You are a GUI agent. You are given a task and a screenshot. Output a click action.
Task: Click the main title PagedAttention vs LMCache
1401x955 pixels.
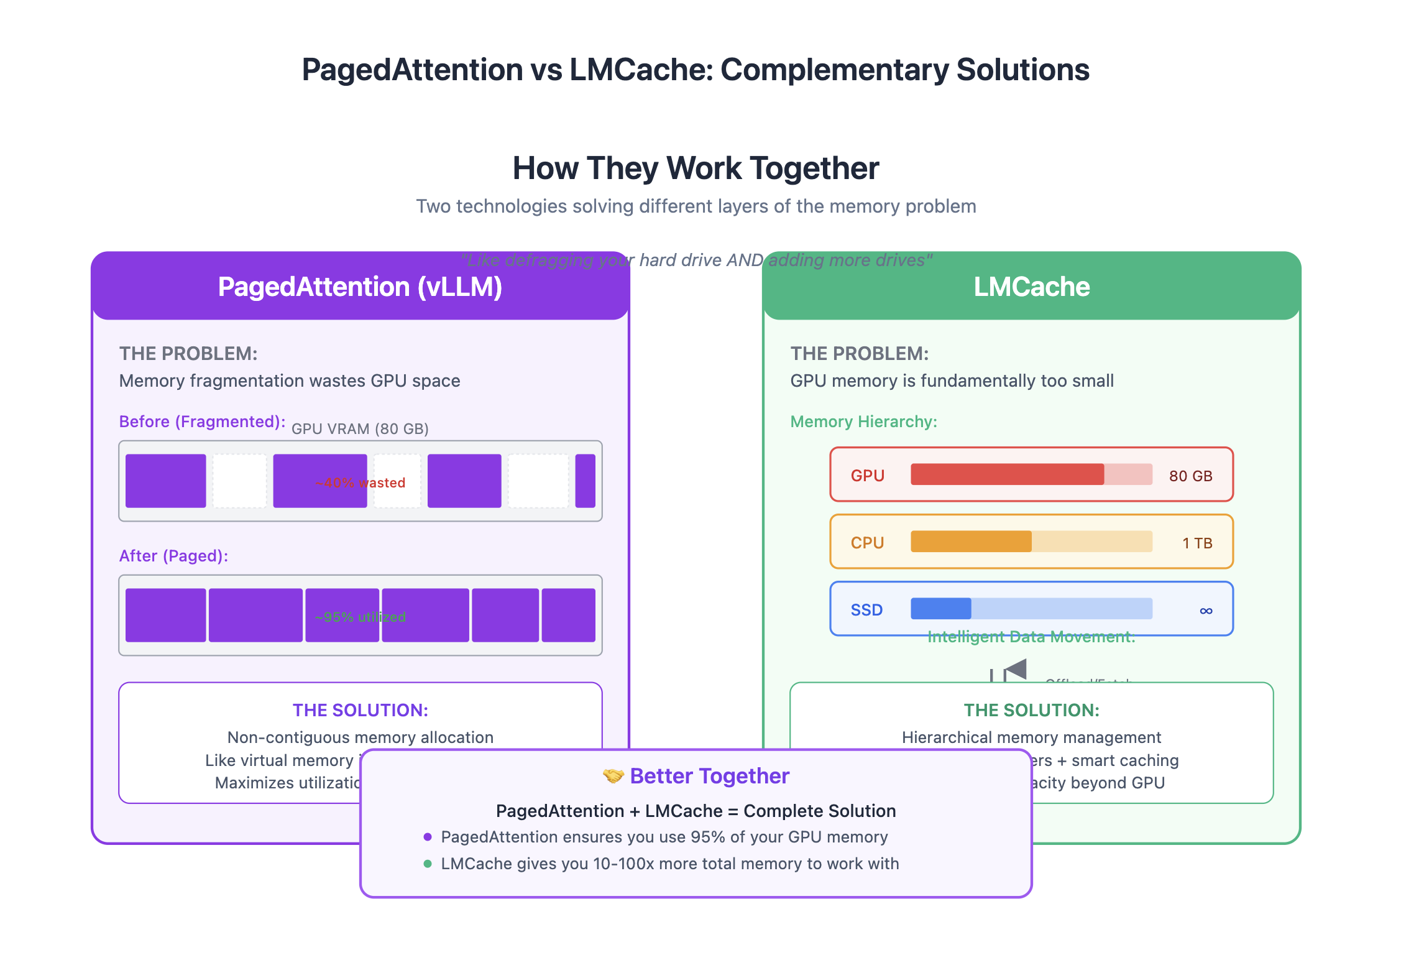(695, 70)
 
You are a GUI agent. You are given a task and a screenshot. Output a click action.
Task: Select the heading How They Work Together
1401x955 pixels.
(695, 168)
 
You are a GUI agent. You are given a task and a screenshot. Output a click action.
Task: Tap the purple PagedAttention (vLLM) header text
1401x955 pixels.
(360, 287)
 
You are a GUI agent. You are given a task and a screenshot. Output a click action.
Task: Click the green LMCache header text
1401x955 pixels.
(1031, 287)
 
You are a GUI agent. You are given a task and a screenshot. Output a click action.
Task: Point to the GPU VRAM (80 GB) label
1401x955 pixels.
(360, 429)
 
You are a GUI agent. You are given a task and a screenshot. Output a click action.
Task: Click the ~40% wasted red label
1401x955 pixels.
(360, 483)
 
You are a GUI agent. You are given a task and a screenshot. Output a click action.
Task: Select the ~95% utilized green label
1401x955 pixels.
(360, 617)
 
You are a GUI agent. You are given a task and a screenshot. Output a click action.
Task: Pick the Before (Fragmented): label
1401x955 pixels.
(202, 422)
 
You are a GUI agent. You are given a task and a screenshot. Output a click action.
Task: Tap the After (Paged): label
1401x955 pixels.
(173, 556)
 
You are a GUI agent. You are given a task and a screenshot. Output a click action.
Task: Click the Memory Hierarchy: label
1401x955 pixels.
(863, 422)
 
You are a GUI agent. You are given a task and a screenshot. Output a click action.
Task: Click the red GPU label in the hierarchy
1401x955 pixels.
(867, 476)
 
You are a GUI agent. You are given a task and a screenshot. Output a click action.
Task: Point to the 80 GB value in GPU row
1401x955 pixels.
(1190, 476)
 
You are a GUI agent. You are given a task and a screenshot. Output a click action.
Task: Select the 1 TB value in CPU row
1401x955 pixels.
(1197, 543)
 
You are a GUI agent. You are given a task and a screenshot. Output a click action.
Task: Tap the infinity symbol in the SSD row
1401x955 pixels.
(1206, 611)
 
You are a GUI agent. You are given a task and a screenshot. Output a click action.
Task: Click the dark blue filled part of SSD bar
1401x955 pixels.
(940, 609)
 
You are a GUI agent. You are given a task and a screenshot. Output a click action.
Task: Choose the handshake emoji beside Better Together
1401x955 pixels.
(613, 776)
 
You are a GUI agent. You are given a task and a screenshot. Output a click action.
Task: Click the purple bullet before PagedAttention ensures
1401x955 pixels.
(428, 837)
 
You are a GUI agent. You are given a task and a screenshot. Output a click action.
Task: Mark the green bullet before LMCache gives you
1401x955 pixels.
(428, 864)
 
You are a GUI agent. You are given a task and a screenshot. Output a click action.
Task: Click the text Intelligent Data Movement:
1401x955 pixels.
(1031, 637)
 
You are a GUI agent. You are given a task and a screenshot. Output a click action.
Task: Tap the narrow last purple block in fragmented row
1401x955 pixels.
(585, 481)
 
